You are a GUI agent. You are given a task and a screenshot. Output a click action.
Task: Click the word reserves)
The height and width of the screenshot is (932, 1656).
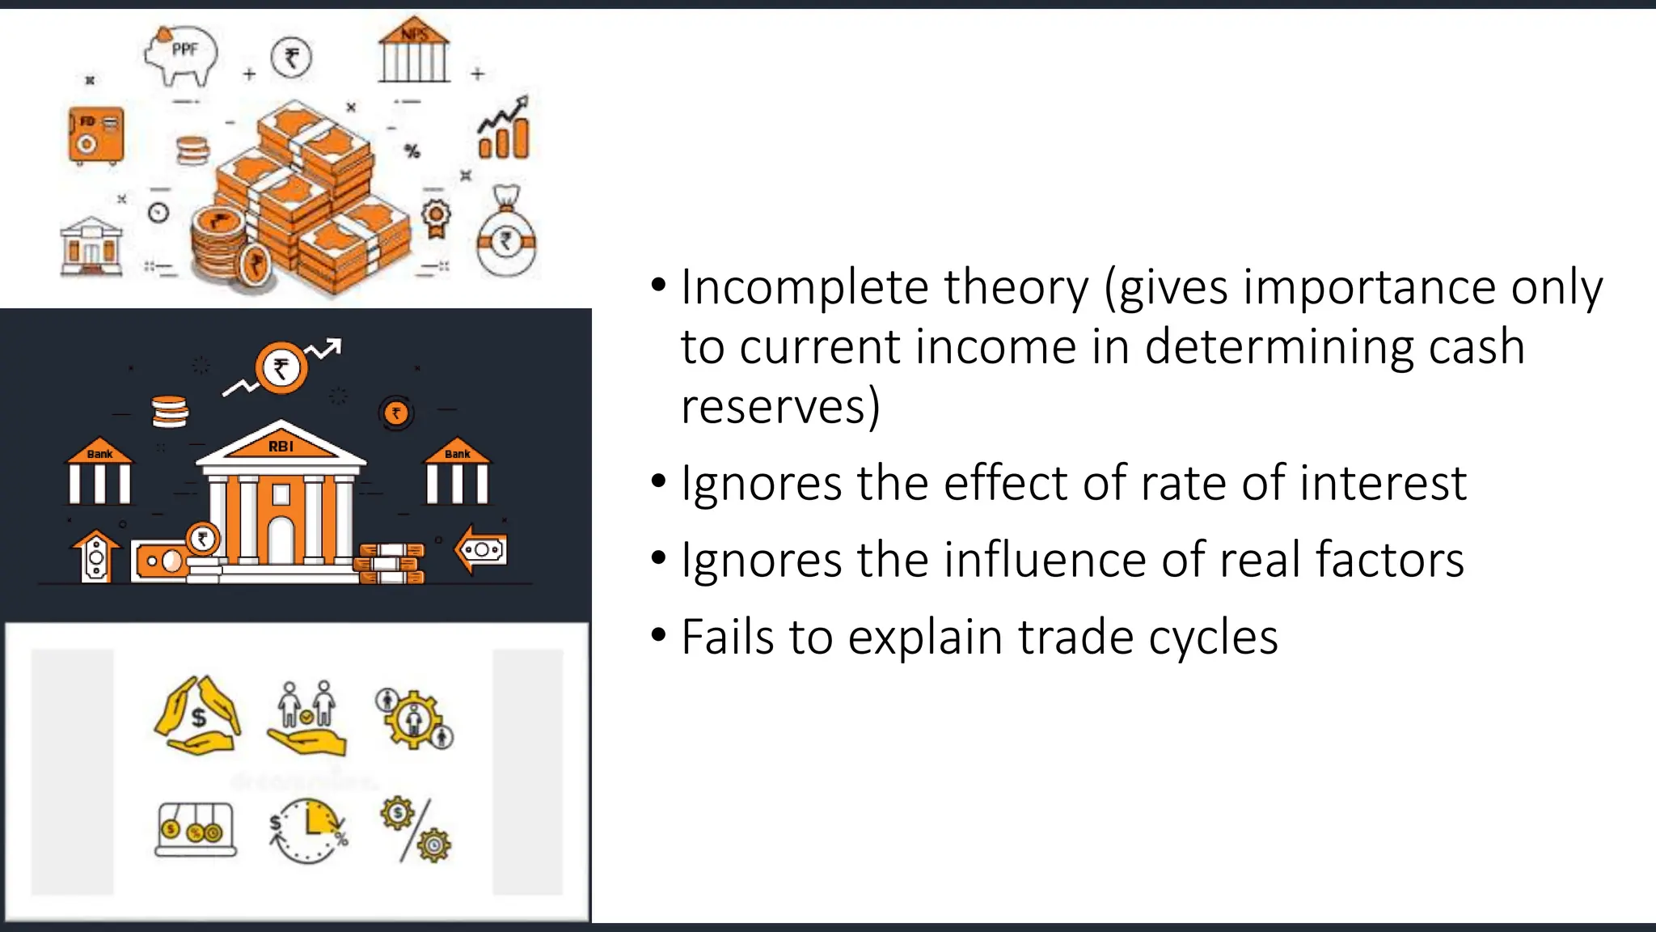pyautogui.click(x=779, y=407)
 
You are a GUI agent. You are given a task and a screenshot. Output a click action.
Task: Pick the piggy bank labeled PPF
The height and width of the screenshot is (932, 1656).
pyautogui.click(x=183, y=53)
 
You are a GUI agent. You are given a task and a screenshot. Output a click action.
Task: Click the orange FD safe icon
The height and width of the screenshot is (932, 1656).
pyautogui.click(x=96, y=135)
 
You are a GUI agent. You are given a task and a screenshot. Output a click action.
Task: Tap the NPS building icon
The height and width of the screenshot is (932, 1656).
pyautogui.click(x=414, y=50)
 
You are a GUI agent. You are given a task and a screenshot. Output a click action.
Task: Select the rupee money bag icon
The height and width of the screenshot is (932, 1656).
pyautogui.click(x=506, y=234)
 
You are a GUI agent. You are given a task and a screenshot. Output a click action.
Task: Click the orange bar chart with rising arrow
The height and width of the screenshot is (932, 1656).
pyautogui.click(x=505, y=129)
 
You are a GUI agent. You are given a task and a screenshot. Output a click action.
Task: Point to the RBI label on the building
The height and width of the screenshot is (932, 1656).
pyautogui.click(x=281, y=447)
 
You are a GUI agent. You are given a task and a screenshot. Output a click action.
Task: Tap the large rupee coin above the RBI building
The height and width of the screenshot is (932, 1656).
pyautogui.click(x=281, y=368)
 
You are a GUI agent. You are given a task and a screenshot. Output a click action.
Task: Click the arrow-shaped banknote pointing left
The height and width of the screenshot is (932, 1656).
pyautogui.click(x=481, y=550)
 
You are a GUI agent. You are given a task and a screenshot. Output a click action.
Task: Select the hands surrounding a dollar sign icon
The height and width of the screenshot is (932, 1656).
pyautogui.click(x=197, y=716)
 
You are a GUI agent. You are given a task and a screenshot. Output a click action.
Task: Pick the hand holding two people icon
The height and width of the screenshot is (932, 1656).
pyautogui.click(x=306, y=718)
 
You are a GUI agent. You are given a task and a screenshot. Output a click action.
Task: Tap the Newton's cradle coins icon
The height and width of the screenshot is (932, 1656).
pyautogui.click(x=195, y=829)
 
